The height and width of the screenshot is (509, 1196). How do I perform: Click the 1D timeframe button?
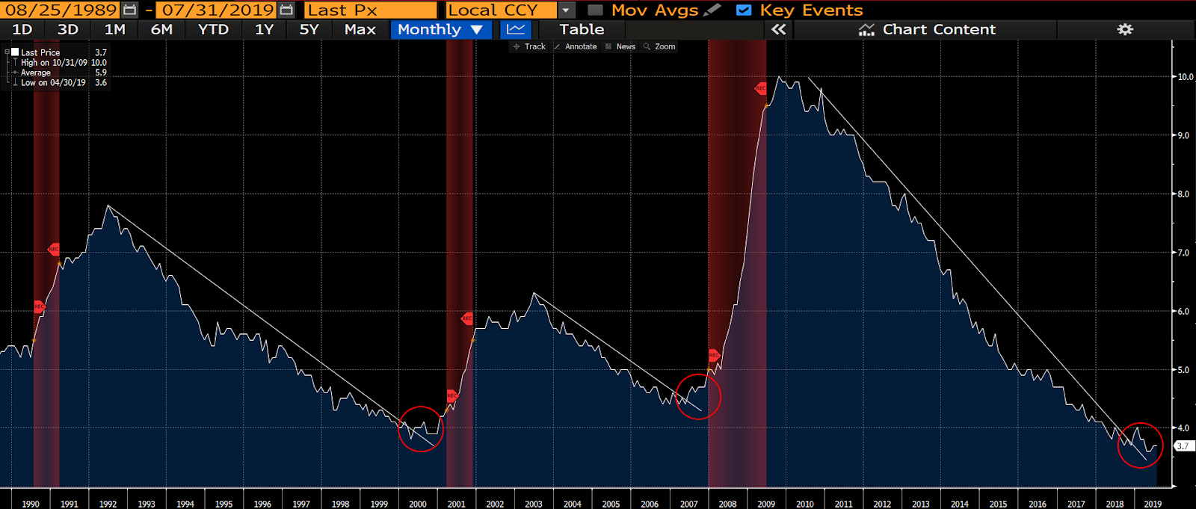(x=22, y=30)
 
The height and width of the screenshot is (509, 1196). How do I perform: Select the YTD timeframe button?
(x=213, y=30)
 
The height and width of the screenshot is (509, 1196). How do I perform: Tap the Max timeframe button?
(x=360, y=30)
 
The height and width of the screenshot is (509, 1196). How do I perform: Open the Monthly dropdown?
(x=440, y=30)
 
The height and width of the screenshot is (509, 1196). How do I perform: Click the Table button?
(x=582, y=30)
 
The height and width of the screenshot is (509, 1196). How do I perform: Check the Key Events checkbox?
(x=744, y=10)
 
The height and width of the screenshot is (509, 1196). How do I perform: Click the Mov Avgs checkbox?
(x=596, y=10)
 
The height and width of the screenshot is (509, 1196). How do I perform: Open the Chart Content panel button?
(x=927, y=30)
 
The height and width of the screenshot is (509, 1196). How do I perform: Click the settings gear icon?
(x=1125, y=30)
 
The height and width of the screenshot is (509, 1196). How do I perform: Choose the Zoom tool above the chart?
(x=660, y=46)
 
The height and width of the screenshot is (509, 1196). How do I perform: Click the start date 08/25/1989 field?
(x=62, y=10)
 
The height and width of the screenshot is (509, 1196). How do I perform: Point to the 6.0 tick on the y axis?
(x=1183, y=312)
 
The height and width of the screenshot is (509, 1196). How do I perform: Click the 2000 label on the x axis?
(x=418, y=504)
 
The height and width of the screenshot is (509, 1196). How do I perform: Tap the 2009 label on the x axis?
(x=766, y=504)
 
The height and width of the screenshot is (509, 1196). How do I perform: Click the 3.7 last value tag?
(x=1183, y=446)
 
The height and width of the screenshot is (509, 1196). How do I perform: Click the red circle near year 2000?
(x=421, y=429)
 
